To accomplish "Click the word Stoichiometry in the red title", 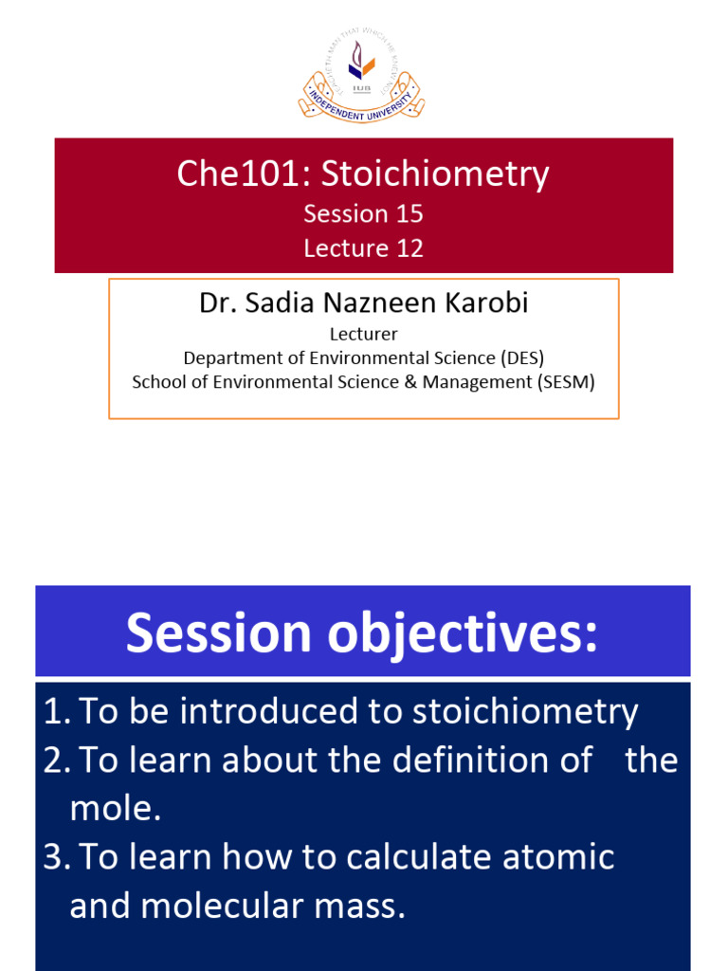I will click(434, 174).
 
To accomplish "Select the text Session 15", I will click(363, 214).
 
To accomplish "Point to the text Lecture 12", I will click(363, 248).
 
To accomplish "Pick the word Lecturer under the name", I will click(363, 334).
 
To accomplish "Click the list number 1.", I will click(54, 712).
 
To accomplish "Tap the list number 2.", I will click(54, 760).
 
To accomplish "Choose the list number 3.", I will click(54, 857).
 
